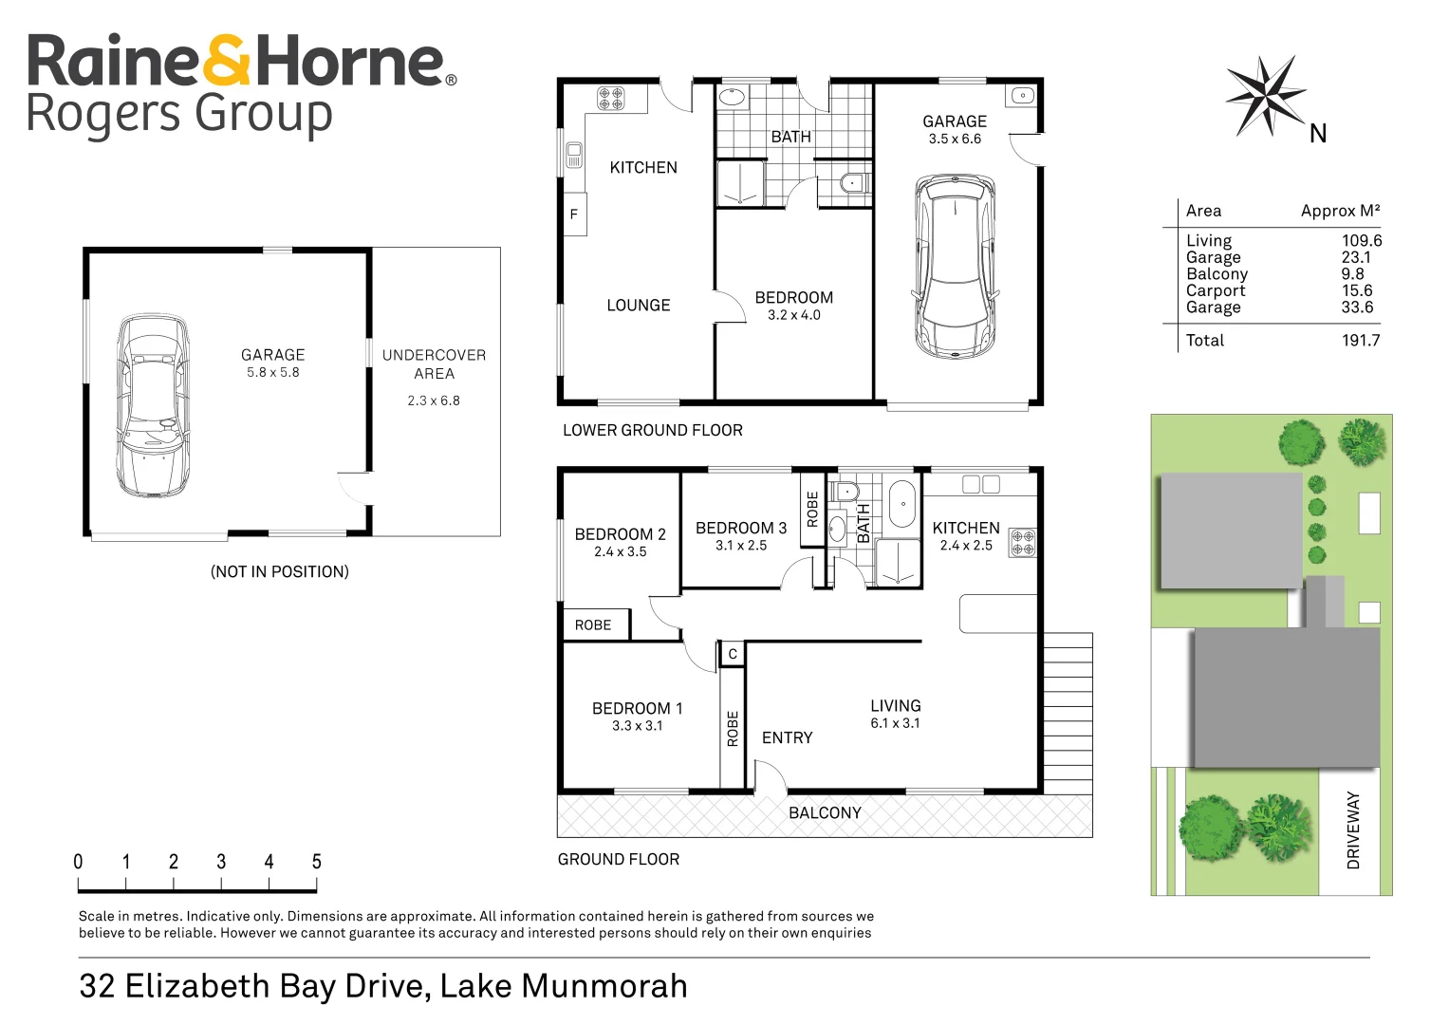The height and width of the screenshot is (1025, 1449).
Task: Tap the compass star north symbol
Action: pyautogui.click(x=1264, y=95)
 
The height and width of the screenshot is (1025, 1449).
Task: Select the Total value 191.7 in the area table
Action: pyautogui.click(x=1360, y=341)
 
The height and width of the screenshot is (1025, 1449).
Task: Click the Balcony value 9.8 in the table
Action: pyautogui.click(x=1352, y=274)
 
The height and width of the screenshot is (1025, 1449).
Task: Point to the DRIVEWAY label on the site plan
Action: pyautogui.click(x=1353, y=830)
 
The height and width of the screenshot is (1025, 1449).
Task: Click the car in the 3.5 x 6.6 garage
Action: pyautogui.click(x=955, y=265)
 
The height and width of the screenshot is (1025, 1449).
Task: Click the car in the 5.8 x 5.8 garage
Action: pyautogui.click(x=152, y=406)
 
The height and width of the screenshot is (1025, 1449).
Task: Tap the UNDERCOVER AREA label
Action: pyautogui.click(x=434, y=364)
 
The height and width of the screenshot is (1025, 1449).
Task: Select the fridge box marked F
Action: pyautogui.click(x=574, y=214)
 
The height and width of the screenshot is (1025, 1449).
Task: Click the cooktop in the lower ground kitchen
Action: pyautogui.click(x=610, y=98)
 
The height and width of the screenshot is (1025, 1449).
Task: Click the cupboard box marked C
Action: pyautogui.click(x=733, y=654)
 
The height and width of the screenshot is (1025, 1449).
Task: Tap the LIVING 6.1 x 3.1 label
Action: pyautogui.click(x=895, y=714)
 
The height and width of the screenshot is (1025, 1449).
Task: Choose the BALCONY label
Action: pyautogui.click(x=825, y=813)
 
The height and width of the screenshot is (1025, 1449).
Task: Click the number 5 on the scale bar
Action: pyautogui.click(x=316, y=862)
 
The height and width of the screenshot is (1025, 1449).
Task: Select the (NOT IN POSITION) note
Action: pyautogui.click(x=280, y=572)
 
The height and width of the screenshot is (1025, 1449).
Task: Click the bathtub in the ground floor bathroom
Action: pyautogui.click(x=901, y=504)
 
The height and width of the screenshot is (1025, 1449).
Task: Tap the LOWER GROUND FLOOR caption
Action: pyautogui.click(x=653, y=431)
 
